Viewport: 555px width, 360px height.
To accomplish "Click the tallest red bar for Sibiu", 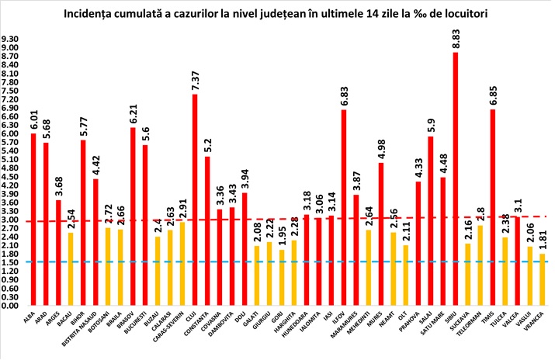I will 455,178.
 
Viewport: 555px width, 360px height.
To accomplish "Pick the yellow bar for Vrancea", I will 540,279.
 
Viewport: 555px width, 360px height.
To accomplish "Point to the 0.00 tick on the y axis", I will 12,306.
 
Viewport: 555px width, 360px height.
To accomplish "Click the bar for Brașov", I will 133,216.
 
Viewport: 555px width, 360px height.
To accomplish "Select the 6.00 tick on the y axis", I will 12,133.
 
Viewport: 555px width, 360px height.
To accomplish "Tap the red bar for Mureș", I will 381,234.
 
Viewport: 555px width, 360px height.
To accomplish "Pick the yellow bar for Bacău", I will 71,268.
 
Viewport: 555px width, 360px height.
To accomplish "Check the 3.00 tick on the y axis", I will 12,220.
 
